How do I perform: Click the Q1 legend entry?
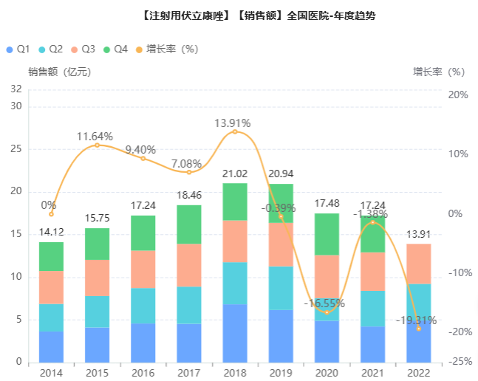coord(18,49)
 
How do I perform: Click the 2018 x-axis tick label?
coord(234,371)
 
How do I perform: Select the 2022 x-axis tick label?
coord(418,371)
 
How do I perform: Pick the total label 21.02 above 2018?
coord(235,174)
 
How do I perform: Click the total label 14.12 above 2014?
coord(52,233)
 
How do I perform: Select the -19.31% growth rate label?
coord(416,320)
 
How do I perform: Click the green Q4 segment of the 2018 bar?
coord(235,202)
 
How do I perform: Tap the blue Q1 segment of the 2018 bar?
coord(235,333)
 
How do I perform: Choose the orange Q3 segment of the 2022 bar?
coord(418,264)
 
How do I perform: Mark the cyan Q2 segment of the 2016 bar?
coord(143,306)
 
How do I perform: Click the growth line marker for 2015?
coord(97,145)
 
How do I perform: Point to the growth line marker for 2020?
coord(327,312)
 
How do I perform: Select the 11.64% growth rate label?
coord(96,136)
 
